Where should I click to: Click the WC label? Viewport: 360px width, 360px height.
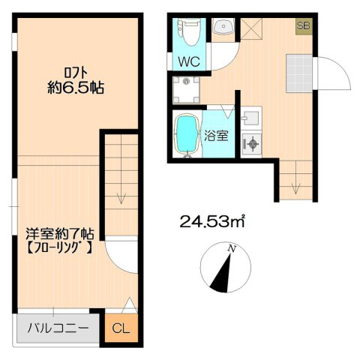(189, 61)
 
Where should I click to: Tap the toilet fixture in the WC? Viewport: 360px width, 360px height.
(189, 32)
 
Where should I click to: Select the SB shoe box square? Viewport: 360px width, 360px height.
(304, 26)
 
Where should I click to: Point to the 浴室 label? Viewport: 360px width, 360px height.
(217, 136)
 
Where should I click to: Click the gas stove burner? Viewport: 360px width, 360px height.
(251, 144)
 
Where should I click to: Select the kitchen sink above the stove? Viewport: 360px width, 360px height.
(251, 118)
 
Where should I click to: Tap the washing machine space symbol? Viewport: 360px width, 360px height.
(187, 90)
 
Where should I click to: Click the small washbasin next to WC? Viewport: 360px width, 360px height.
(223, 26)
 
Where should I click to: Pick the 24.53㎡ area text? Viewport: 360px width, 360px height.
(211, 221)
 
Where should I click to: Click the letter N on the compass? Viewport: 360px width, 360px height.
(232, 248)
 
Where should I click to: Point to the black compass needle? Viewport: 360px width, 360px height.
(222, 273)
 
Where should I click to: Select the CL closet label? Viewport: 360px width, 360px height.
(121, 328)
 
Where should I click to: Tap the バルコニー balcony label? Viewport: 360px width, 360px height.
(58, 328)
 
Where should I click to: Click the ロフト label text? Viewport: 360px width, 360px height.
(76, 73)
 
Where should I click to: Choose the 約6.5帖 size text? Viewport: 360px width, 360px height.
(76, 88)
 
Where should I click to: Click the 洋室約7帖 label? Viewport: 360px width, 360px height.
(60, 234)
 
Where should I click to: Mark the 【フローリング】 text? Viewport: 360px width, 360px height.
(59, 247)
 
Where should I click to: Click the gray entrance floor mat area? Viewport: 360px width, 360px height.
(299, 73)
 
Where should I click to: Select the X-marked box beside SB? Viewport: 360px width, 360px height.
(251, 28)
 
